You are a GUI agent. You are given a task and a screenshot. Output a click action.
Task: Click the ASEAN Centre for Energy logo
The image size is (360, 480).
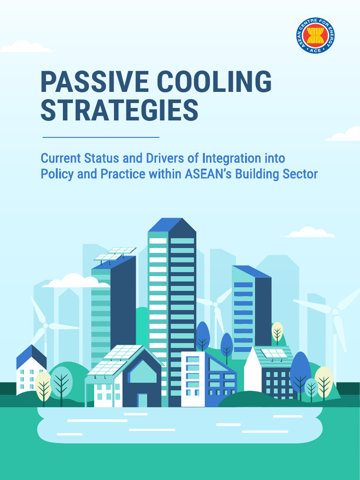coord(315,36)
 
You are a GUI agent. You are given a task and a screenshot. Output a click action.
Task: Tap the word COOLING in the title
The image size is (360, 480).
coord(214,82)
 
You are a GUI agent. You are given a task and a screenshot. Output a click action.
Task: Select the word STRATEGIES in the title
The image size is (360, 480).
coord(119,111)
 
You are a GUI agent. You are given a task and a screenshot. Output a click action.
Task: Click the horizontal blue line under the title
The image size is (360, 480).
coord(101,137)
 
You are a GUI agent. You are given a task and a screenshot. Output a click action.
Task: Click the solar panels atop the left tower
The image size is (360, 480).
coord(115,254)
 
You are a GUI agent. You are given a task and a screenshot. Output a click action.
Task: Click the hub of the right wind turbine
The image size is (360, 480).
coord(335,311)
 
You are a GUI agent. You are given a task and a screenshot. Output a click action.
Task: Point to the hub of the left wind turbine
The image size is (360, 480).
coord(45,325)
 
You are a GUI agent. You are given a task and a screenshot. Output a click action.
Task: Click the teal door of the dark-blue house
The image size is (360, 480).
coord(142,400)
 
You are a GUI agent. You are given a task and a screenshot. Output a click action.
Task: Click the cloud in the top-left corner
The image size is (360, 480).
coord(25,46)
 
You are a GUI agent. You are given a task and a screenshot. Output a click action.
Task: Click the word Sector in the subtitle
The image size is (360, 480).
coord(300,174)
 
